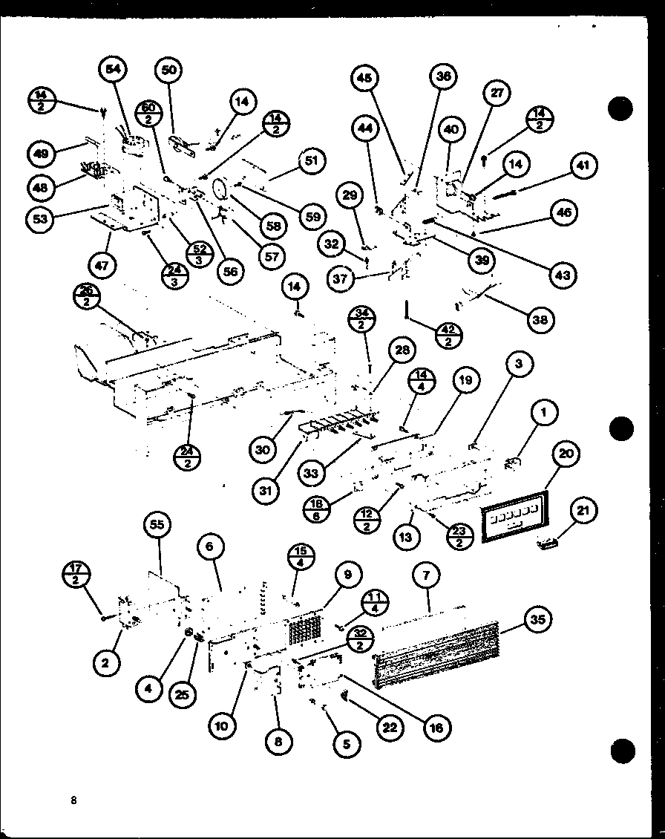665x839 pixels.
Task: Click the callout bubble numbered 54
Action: click(113, 69)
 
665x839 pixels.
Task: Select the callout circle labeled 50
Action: click(169, 70)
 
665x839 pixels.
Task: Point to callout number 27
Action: click(497, 92)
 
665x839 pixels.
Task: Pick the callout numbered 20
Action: click(566, 454)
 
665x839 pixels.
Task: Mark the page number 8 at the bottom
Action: click(73, 800)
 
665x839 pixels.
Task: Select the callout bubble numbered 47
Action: click(102, 264)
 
